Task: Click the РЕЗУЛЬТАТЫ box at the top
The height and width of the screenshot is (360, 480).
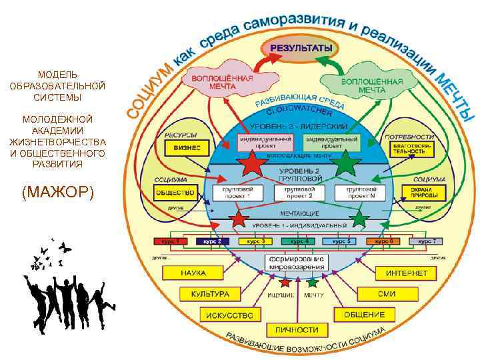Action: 300,48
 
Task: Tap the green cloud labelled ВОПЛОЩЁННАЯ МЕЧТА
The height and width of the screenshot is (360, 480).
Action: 362,85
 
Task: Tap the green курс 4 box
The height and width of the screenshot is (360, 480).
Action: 299,241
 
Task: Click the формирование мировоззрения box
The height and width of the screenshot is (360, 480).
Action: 295,261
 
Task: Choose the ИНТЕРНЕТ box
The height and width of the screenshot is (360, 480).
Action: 406,273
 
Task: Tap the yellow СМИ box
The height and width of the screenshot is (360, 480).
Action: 385,293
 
